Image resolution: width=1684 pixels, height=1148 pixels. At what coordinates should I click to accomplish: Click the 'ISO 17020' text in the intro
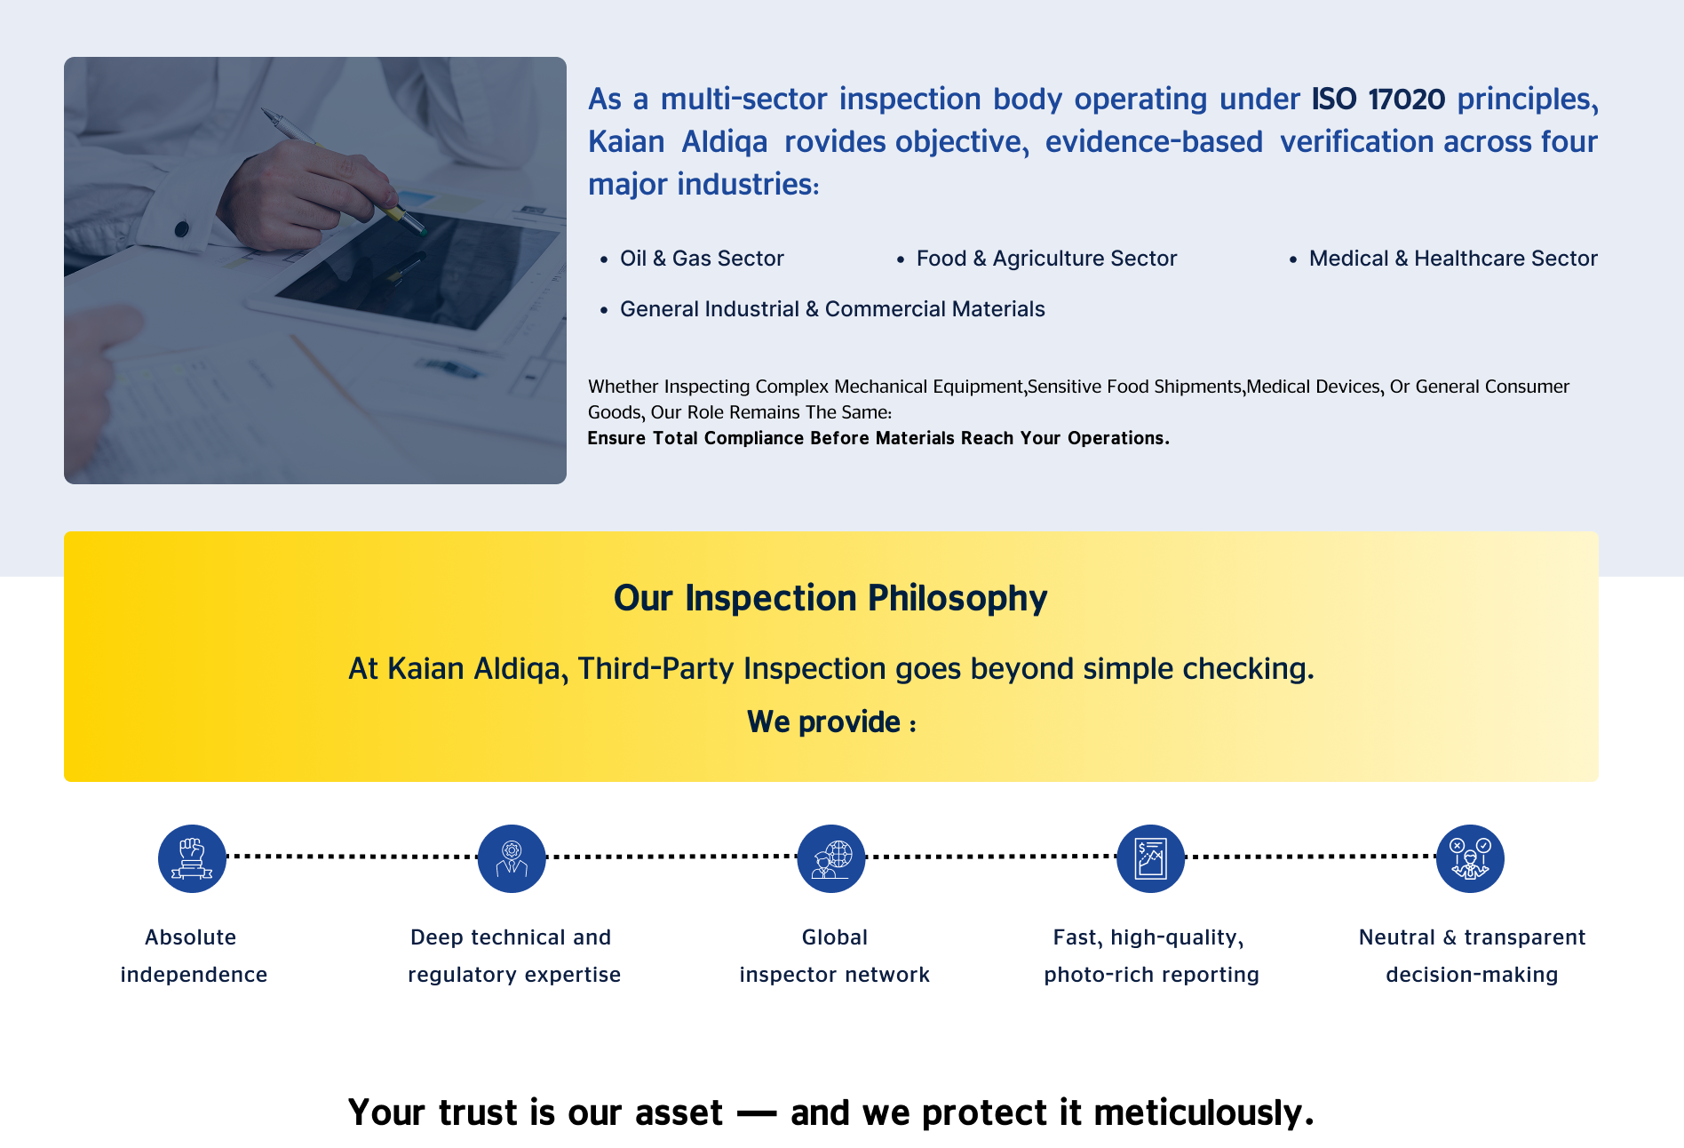(1378, 99)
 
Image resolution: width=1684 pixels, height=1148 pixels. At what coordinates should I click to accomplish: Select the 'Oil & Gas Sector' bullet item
(702, 259)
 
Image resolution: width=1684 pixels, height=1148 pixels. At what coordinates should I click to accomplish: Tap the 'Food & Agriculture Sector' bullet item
(1046, 259)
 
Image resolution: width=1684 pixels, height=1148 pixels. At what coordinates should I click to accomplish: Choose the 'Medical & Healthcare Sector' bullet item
(1453, 259)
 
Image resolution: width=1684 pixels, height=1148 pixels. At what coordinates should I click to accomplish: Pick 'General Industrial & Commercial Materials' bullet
(832, 309)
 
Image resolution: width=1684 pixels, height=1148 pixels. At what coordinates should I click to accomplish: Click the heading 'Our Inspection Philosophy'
(830, 598)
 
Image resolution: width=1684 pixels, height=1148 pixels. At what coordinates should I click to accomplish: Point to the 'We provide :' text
(831, 721)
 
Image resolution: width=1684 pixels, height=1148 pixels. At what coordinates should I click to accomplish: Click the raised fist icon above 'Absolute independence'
(192, 858)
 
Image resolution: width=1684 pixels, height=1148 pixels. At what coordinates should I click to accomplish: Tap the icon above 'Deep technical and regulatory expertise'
(512, 858)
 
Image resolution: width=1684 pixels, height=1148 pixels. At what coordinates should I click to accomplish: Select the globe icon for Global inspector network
(831, 858)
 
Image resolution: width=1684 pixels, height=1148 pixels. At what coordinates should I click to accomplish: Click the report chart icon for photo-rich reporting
(1151, 858)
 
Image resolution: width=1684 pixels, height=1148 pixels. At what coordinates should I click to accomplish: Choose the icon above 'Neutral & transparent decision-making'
(1471, 858)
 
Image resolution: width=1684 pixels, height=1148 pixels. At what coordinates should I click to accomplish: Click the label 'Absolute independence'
(193, 956)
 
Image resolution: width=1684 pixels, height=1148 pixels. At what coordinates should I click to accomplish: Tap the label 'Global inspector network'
(835, 956)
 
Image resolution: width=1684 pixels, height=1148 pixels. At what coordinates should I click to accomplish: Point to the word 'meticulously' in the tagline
(1203, 1113)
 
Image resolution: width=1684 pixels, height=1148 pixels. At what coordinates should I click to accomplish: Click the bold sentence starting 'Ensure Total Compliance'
(878, 438)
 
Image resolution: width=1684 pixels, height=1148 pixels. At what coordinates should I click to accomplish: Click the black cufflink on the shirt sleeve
(182, 229)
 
